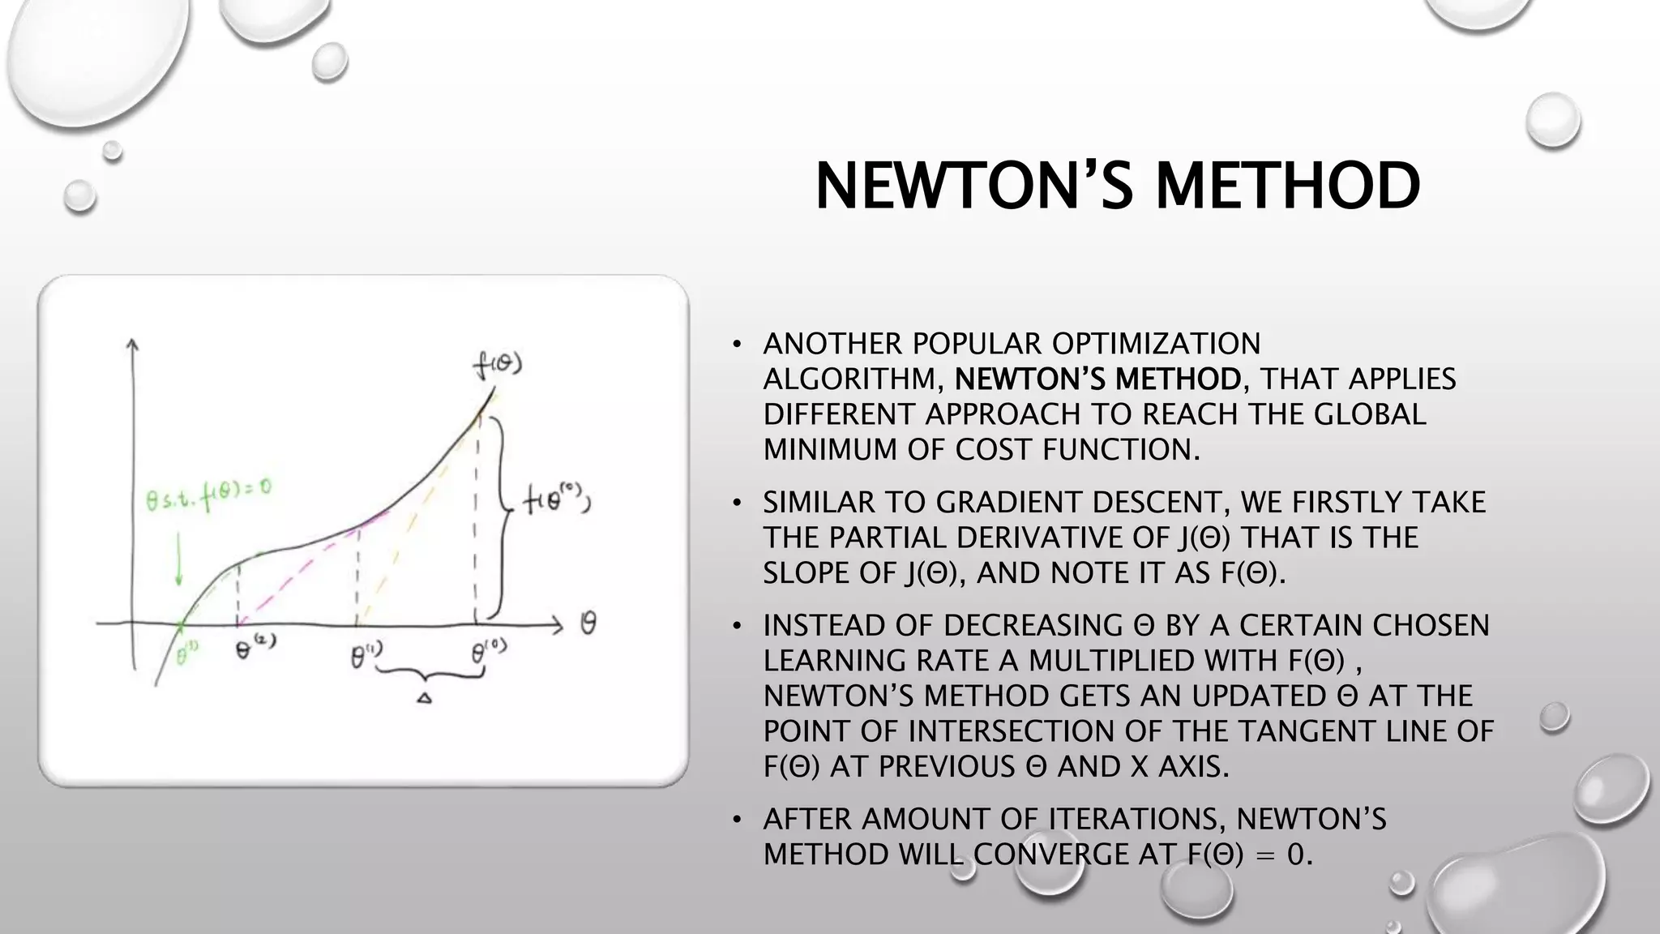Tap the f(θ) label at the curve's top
[497, 366]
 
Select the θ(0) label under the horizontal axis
[489, 650]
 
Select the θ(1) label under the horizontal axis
[366, 654]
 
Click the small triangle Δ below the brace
[424, 697]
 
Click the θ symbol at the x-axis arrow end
[588, 623]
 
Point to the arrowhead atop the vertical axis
[132, 344]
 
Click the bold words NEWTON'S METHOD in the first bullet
[1097, 379]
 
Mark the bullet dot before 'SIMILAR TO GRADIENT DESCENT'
[736, 503]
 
